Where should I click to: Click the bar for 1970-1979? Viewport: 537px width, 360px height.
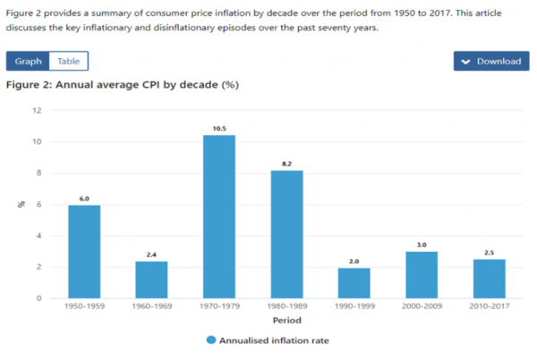[219, 217]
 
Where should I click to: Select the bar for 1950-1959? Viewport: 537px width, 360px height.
[84, 252]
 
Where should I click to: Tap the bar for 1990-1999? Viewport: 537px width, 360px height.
[354, 283]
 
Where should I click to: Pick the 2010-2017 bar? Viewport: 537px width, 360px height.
[489, 279]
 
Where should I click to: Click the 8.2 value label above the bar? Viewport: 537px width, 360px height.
[286, 164]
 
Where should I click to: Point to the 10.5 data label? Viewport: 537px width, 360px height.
[219, 128]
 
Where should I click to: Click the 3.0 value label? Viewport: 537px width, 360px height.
[422, 244]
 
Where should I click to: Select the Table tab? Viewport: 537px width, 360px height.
[69, 61]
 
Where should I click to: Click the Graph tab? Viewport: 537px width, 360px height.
[28, 61]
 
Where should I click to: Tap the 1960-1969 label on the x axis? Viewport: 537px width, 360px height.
[151, 306]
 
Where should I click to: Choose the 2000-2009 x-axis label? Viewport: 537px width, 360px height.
[421, 306]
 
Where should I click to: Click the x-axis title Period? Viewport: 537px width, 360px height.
[286, 320]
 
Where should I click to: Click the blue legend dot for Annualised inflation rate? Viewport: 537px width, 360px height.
[210, 339]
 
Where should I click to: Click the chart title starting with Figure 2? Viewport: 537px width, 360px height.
[122, 85]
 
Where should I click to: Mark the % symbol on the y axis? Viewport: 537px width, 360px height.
[21, 205]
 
